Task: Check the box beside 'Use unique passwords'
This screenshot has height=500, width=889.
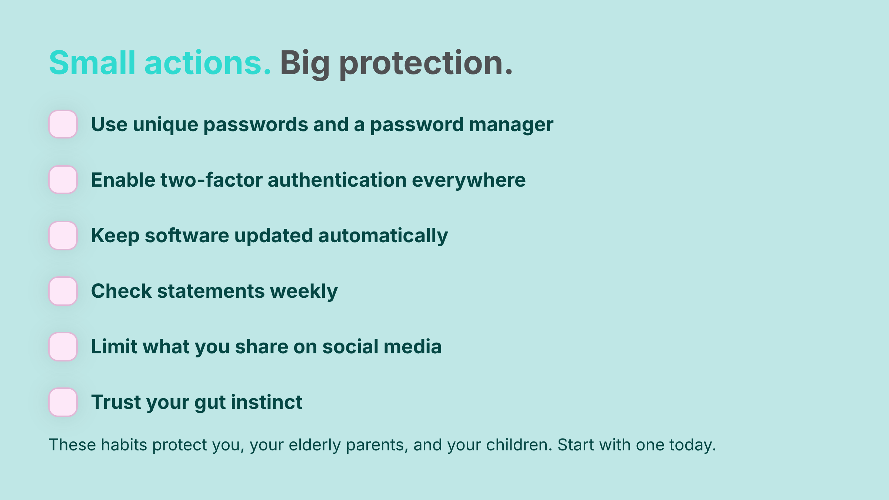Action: coord(63,124)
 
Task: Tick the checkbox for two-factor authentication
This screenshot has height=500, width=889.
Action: coord(63,180)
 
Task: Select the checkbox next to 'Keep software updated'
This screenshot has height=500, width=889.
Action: coord(63,235)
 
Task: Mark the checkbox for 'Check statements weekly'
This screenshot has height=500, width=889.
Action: coord(63,291)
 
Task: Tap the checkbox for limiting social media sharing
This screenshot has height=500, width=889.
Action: coord(63,346)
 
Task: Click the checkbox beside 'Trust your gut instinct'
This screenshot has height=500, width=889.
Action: coord(63,402)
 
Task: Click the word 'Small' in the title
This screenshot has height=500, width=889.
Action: coord(92,63)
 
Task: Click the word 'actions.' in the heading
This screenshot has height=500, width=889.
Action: coord(208,63)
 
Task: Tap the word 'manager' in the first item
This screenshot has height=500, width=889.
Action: coord(511,125)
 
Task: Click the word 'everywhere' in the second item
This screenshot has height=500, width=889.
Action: coord(469,181)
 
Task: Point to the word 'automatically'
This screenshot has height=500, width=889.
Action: coord(383,236)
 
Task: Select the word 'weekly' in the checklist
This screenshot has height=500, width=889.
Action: coord(304,292)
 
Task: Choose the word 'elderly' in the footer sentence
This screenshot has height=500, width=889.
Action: coord(314,445)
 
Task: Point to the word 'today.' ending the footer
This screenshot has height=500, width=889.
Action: coord(692,445)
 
